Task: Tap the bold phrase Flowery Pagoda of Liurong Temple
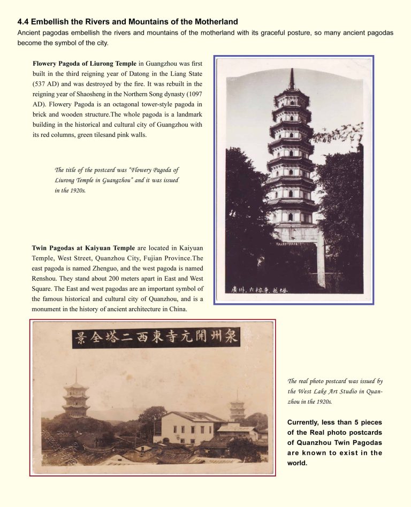(84, 64)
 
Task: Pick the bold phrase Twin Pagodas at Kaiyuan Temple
(83, 248)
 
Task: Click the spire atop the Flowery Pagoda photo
(292, 79)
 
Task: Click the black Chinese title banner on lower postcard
(156, 338)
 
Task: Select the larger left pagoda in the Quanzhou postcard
(75, 397)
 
